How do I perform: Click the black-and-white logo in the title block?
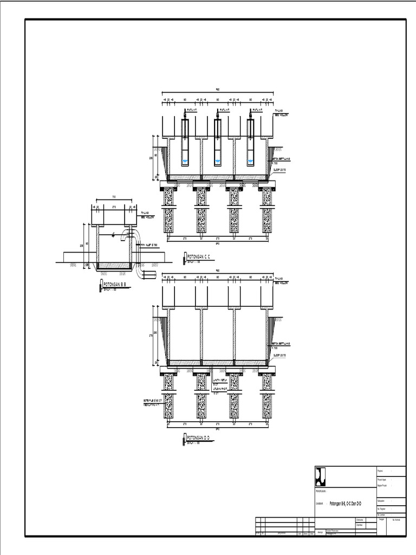coord(321,476)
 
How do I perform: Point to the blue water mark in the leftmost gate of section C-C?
coord(185,162)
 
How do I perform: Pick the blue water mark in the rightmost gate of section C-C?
coord(250,162)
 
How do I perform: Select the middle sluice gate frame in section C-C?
coord(218,142)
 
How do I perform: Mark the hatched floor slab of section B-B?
coord(114,266)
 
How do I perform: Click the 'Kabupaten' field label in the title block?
coord(383,501)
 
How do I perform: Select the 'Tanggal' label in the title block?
coord(382,519)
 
